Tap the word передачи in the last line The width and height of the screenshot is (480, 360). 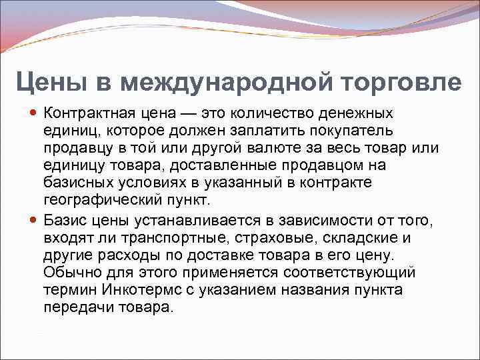75,307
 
